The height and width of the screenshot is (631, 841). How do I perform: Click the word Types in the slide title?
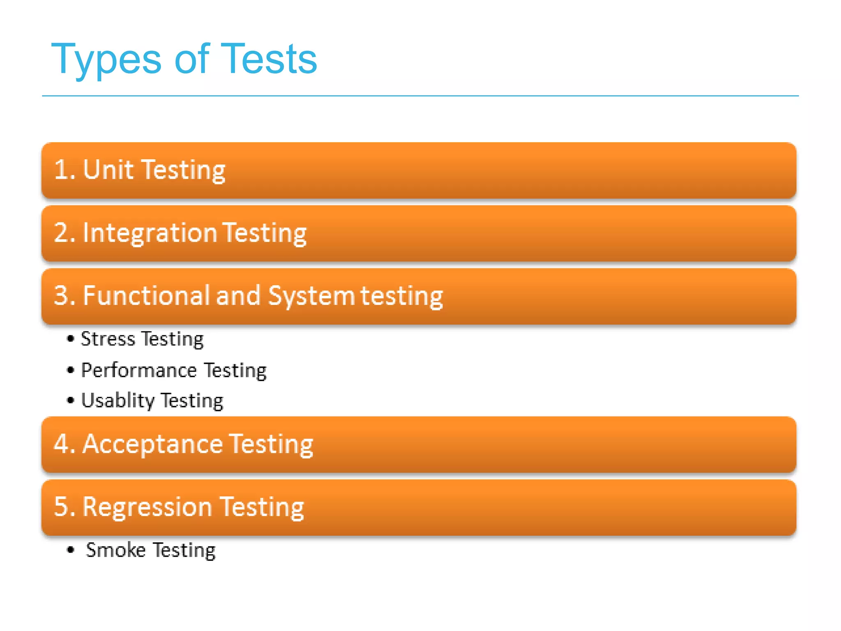pos(106,60)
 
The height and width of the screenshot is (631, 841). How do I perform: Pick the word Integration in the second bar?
pos(149,233)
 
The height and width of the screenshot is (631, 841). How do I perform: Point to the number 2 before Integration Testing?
pos(62,233)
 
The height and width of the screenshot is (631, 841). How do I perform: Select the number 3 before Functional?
pos(62,295)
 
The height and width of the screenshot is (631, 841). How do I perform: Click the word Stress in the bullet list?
pos(108,339)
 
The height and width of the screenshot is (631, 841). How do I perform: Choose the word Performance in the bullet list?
pos(139,371)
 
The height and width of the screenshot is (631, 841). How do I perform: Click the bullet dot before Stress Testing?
pos(71,339)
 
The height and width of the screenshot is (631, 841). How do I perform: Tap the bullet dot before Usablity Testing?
pos(71,400)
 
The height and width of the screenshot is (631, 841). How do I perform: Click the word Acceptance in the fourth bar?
pos(152,444)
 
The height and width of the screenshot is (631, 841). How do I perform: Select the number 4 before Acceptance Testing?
pos(62,444)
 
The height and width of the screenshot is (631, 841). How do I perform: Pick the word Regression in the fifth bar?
pos(147,507)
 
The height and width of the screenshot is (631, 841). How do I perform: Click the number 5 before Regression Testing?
pos(62,507)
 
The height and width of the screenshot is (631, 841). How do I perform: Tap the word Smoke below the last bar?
pos(115,550)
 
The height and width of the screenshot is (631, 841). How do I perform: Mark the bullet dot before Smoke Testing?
pos(71,550)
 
